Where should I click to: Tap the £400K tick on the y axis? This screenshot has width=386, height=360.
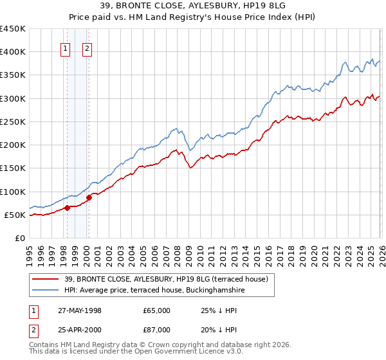point(13,52)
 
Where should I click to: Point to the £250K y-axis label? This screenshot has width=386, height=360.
point(13,122)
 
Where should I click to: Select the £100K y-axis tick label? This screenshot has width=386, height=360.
point(13,192)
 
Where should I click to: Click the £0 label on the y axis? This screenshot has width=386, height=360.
point(19,238)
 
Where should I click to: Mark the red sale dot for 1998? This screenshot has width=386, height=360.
point(67,208)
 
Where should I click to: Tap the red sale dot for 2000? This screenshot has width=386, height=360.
point(89,197)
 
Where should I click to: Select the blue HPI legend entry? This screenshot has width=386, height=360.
point(154,291)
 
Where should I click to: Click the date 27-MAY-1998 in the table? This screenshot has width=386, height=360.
point(80,310)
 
